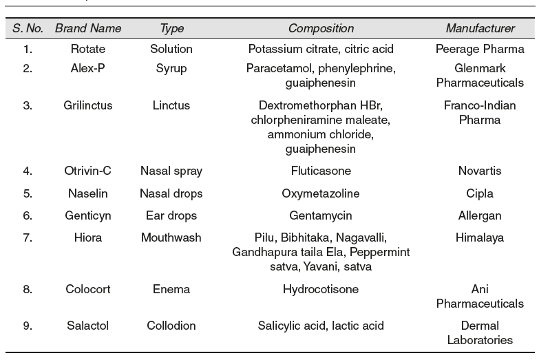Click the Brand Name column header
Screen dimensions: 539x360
[x=87, y=28]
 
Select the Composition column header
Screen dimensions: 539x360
[x=321, y=28]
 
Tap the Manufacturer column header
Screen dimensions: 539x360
[x=480, y=28]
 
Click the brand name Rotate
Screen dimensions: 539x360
[x=87, y=49]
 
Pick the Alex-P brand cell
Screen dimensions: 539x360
[x=87, y=69]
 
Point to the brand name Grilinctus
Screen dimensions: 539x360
[x=87, y=105]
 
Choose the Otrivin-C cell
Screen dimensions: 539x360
[x=87, y=171]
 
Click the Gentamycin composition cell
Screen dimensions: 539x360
[x=321, y=215]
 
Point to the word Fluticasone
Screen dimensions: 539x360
[x=321, y=171]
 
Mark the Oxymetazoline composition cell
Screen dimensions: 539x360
[x=321, y=193]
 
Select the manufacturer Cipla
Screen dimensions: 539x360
[x=480, y=193]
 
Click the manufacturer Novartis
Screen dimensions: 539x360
[x=480, y=171]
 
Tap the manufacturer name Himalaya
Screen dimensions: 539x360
[x=480, y=237]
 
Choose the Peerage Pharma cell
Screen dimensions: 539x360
[x=480, y=49]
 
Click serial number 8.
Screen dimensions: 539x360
[x=28, y=289]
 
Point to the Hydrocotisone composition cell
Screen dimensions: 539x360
[x=321, y=289]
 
